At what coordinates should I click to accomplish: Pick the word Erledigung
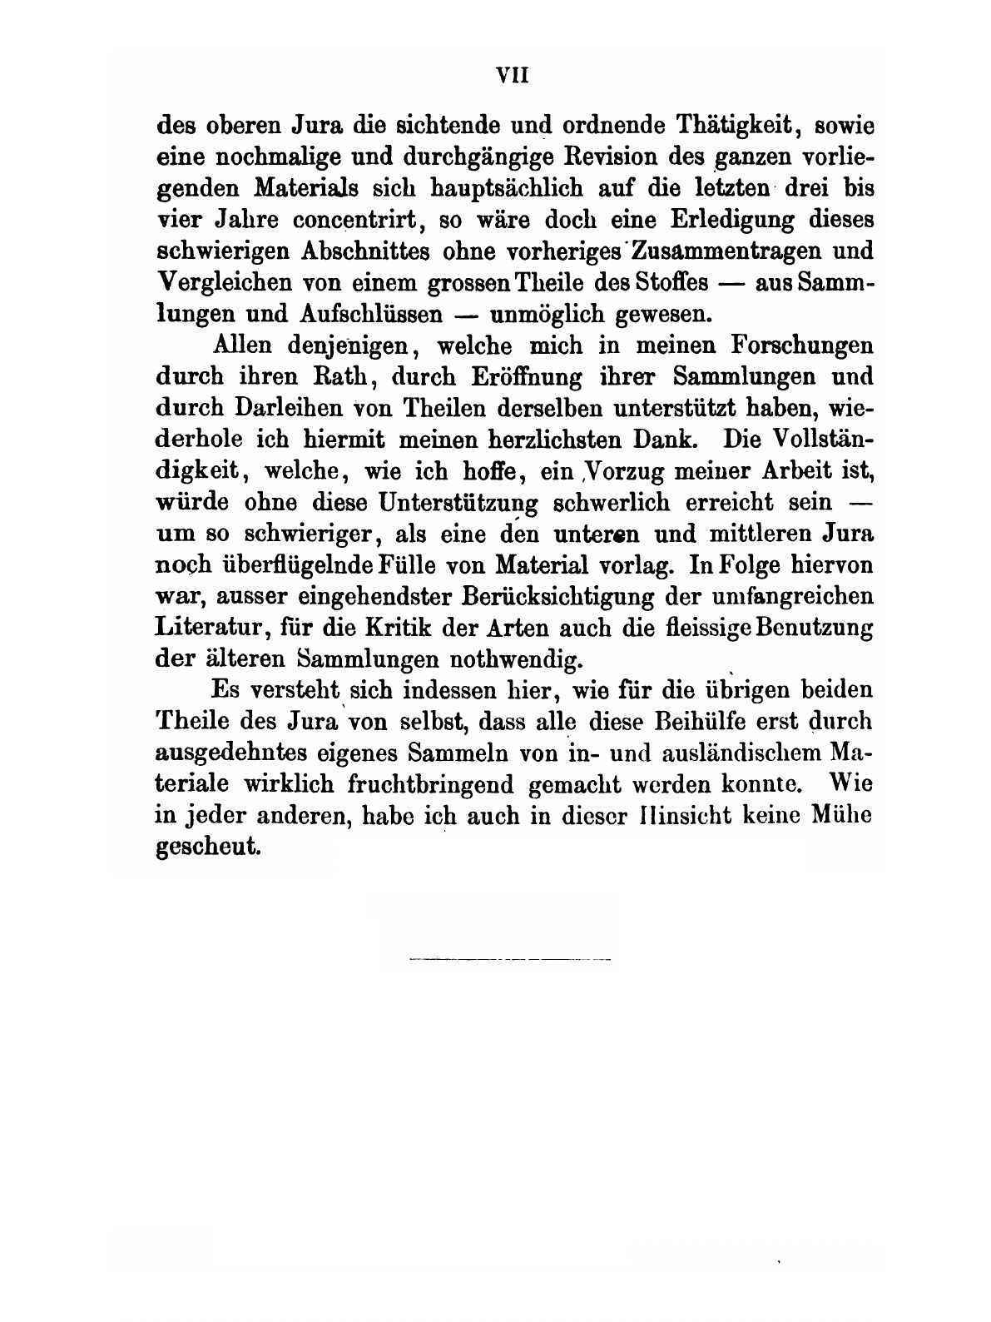(x=721, y=220)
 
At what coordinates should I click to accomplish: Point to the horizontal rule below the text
(x=510, y=960)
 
